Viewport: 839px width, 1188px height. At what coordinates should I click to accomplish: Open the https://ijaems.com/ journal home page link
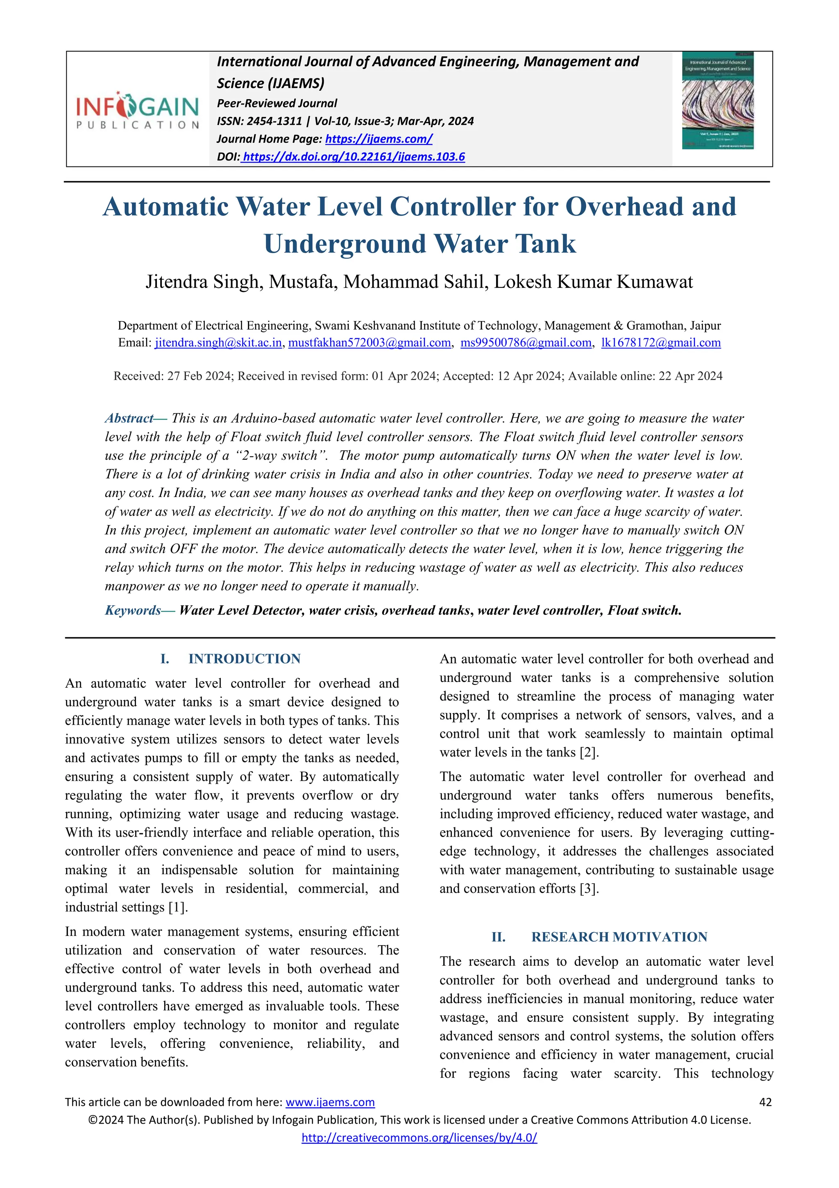coord(379,139)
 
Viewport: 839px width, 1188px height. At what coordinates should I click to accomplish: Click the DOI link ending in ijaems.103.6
coord(354,157)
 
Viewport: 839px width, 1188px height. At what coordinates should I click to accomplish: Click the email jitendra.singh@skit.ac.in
coord(218,342)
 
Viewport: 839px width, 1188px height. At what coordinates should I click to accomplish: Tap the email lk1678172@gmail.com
coord(661,342)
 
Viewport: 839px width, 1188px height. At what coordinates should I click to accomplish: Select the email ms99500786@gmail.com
coord(526,342)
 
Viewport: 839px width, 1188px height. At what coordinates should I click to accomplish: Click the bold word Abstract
coord(129,418)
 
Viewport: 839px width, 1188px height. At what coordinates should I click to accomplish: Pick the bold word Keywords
coord(134,611)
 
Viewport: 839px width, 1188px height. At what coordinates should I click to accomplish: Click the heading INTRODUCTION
coord(245,659)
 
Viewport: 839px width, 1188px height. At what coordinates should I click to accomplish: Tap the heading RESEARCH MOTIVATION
coord(619,937)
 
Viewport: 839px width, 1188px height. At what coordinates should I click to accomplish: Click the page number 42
coord(765,1102)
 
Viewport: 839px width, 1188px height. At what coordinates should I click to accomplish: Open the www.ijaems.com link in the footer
coord(330,1102)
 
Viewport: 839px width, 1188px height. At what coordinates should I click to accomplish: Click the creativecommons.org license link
coord(419,1138)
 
